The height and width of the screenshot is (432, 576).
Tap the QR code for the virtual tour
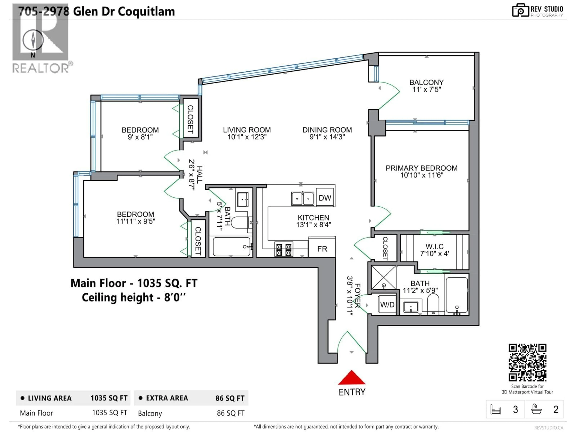527,362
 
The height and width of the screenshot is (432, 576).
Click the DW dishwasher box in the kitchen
325,198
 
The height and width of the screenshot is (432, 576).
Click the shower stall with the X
384,278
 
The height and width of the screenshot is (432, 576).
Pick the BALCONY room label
426,82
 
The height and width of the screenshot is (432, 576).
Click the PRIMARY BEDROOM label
421,168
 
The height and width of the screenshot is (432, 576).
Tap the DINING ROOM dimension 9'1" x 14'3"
327,137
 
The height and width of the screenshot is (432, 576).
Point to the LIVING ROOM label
247,130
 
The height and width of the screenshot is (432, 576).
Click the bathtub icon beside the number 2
536,409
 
